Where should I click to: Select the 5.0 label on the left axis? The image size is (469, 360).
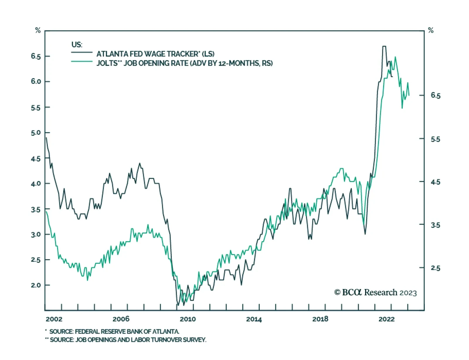[36, 133]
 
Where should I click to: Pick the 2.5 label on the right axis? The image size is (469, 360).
[435, 268]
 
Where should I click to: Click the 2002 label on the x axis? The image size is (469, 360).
[54, 319]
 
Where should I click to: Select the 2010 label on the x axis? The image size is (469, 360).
[188, 319]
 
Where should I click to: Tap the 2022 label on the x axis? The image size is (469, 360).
[386, 319]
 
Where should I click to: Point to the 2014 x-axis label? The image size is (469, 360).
[254, 319]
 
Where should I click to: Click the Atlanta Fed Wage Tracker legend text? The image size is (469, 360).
[155, 54]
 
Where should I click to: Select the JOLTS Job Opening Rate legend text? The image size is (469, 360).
[185, 63]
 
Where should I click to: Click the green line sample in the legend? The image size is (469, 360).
[82, 62]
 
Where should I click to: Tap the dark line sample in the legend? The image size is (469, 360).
[82, 52]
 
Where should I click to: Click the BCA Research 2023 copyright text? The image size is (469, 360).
[375, 293]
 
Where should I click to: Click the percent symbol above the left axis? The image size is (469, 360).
[38, 30]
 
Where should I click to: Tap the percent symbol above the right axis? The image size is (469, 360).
[431, 30]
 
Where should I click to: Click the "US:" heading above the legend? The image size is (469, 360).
[77, 45]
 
